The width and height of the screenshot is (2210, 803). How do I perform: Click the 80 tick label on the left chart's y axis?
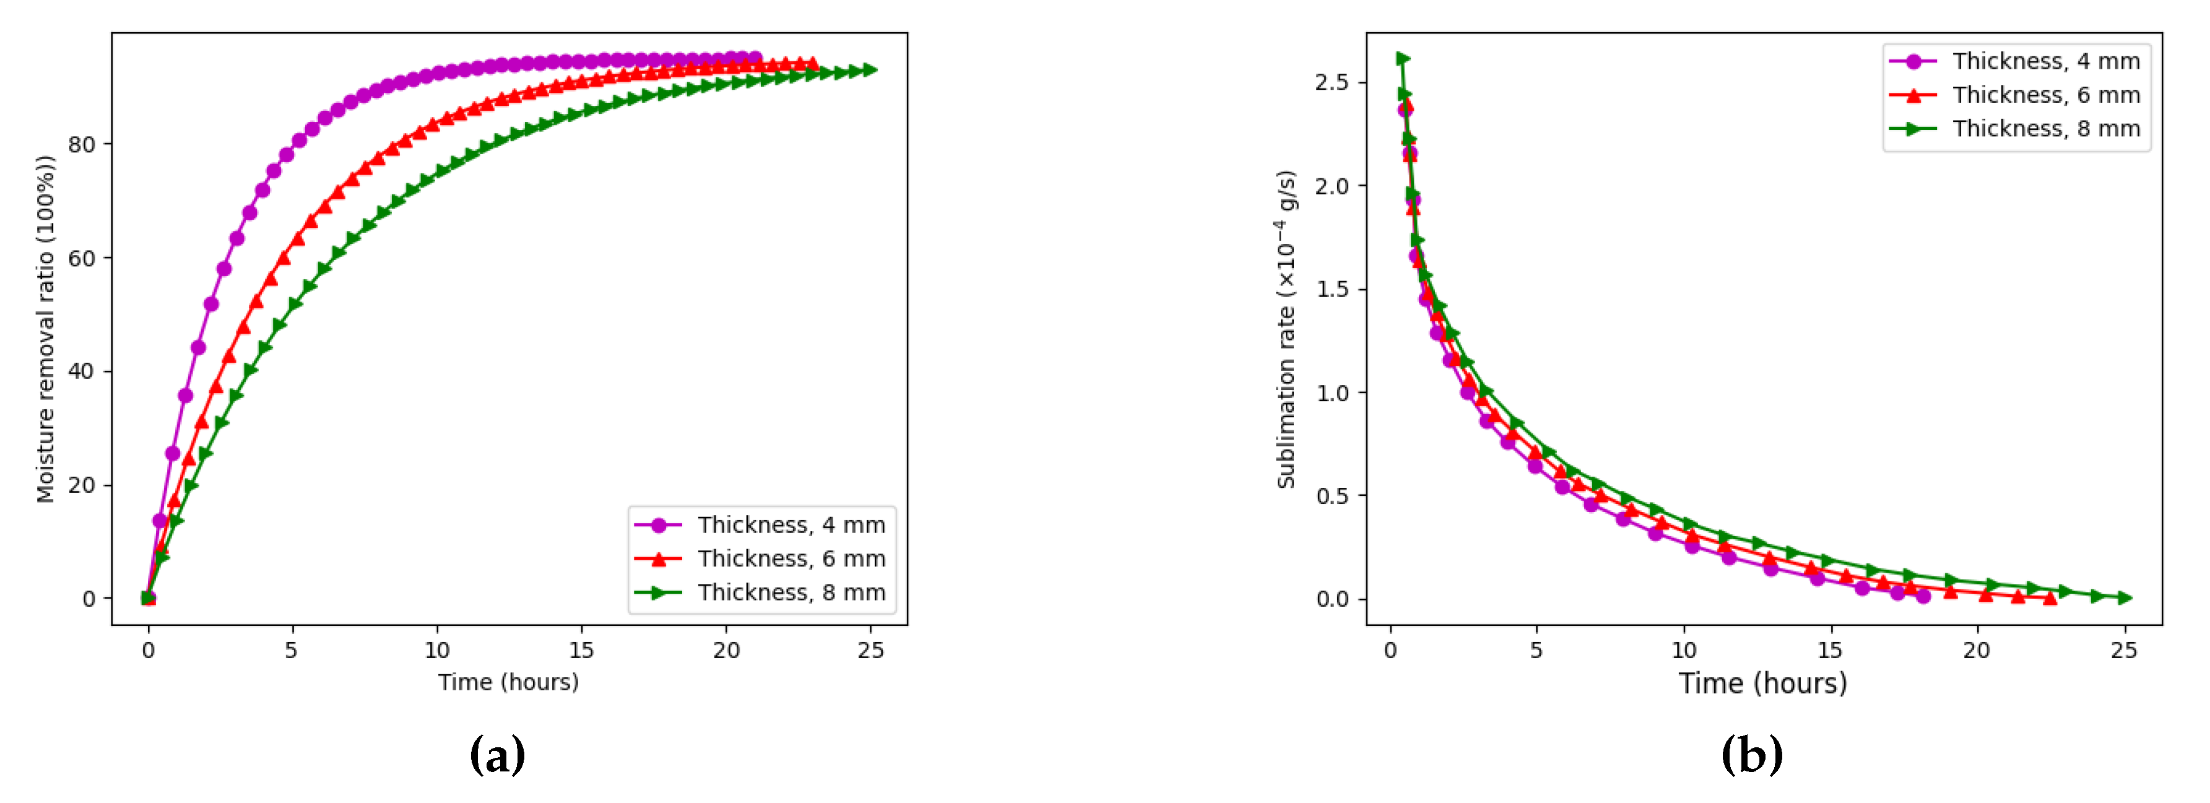click(82, 144)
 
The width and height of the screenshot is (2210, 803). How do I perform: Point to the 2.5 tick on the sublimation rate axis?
click(1332, 82)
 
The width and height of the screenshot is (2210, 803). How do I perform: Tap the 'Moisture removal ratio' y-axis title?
click(45, 329)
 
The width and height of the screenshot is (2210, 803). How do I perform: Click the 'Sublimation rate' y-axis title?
click(1286, 329)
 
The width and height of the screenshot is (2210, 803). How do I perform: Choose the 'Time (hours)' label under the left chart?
click(508, 682)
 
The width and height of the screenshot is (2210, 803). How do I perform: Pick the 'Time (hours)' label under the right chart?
click(1762, 683)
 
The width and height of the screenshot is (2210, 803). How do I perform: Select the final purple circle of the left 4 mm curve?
click(755, 58)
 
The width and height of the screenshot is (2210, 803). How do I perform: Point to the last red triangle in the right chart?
click(2050, 598)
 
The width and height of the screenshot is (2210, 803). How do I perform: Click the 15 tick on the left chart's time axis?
click(581, 650)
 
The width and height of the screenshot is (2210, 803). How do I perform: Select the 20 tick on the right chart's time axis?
click(1977, 650)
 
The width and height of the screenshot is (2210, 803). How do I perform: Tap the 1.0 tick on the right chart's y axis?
click(1332, 393)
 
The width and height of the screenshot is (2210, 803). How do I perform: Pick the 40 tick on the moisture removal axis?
click(82, 371)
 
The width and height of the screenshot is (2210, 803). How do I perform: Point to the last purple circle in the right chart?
click(1923, 596)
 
